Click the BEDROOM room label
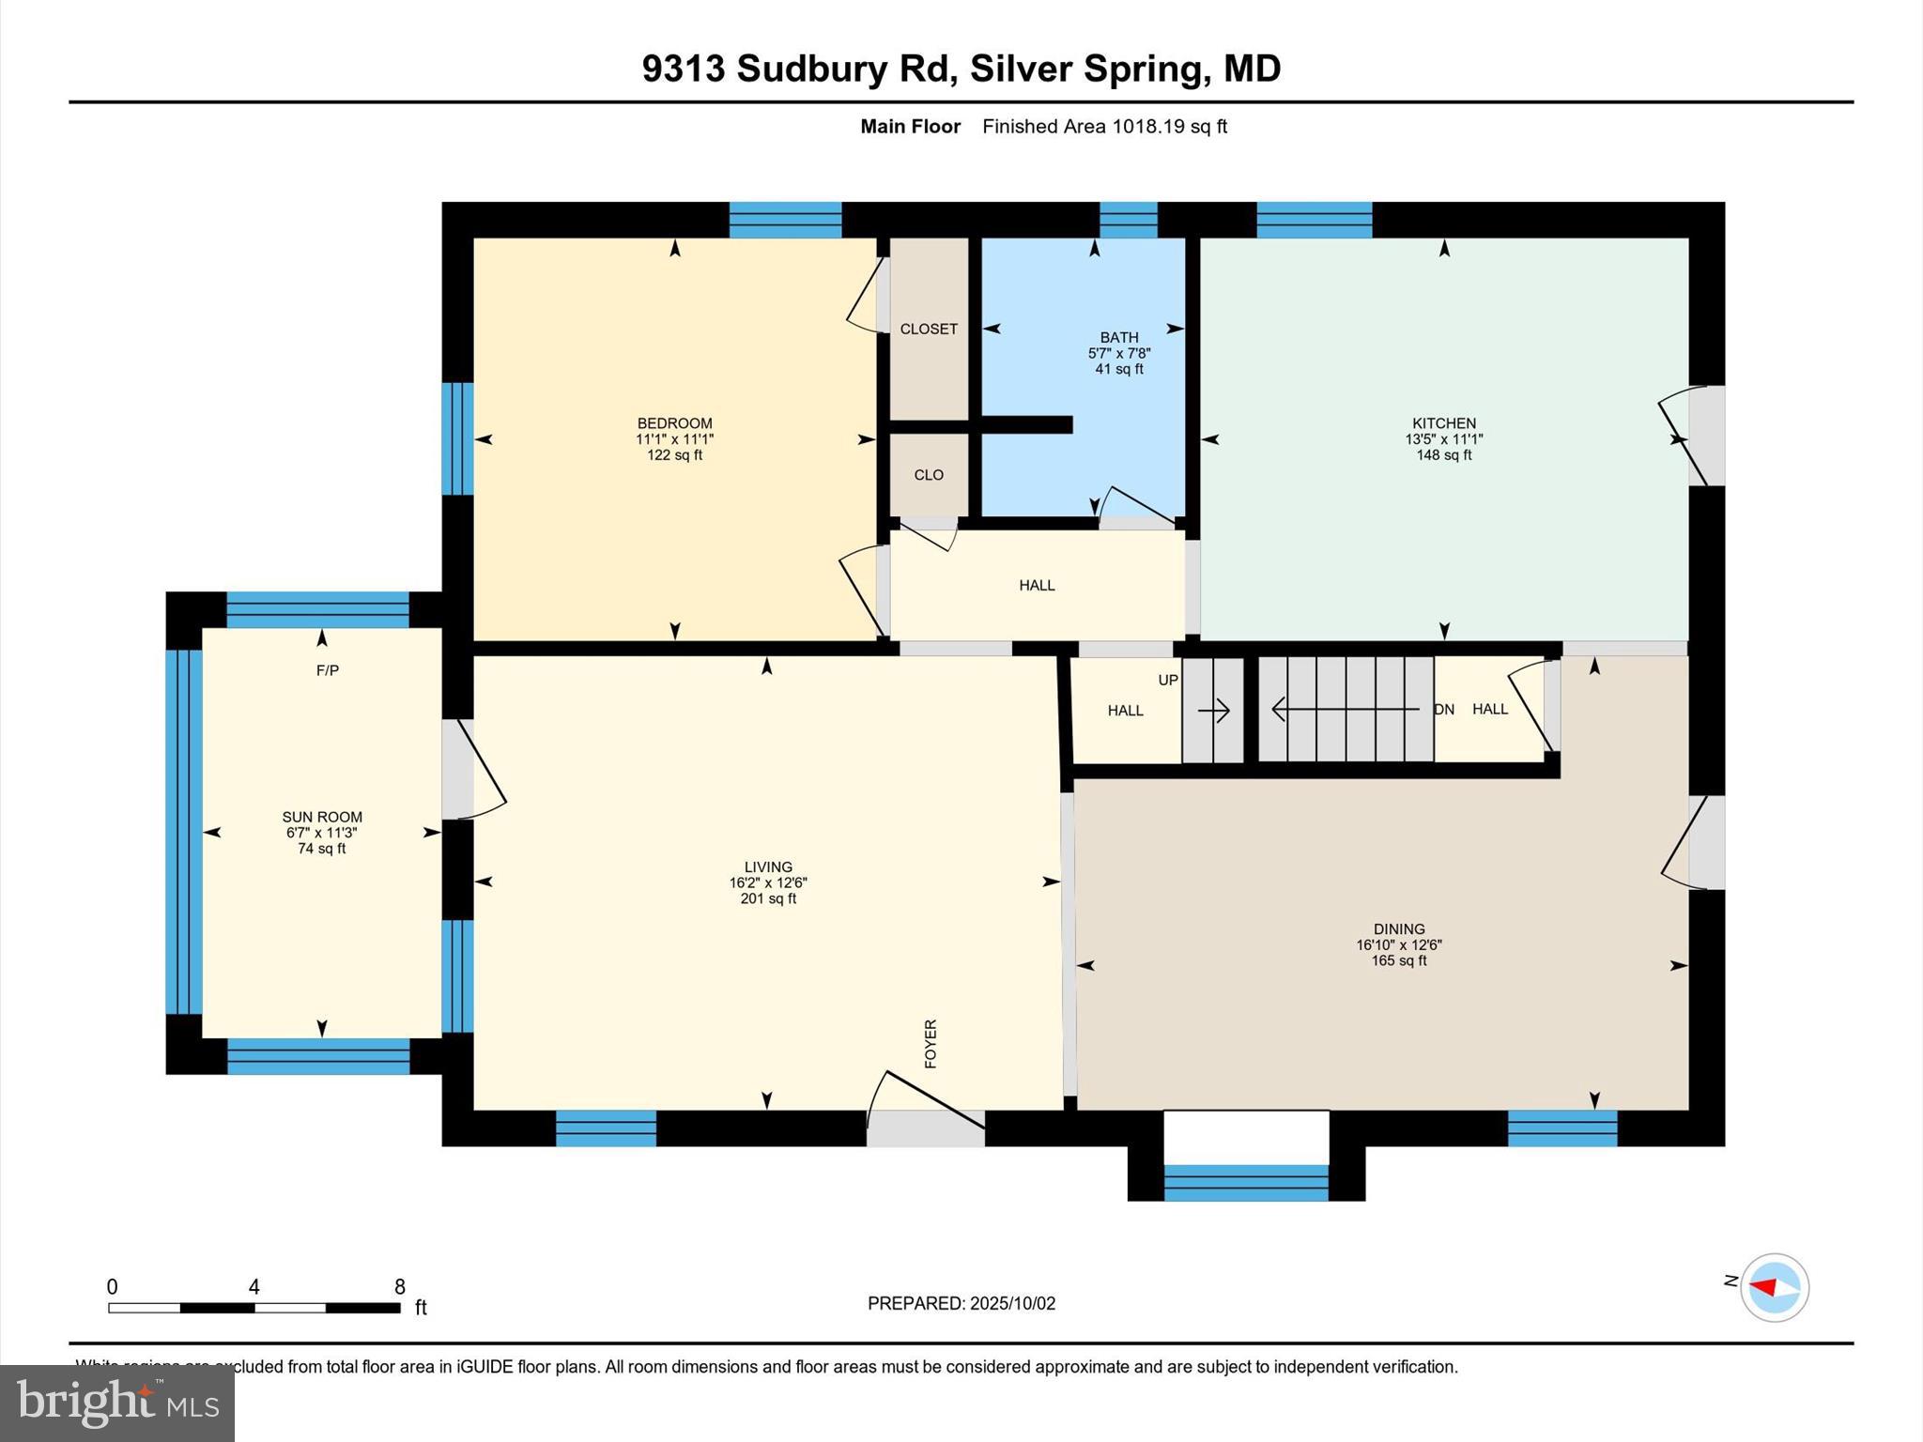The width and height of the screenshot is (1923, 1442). (x=674, y=423)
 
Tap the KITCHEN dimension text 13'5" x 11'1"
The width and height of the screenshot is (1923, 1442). (x=1443, y=439)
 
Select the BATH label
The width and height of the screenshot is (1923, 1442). (x=1119, y=337)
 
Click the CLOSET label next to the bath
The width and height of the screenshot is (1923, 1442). (x=929, y=329)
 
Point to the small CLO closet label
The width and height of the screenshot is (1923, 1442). (x=929, y=475)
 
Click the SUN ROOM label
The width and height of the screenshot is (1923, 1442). (x=322, y=817)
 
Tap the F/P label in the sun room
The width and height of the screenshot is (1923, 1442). (x=327, y=670)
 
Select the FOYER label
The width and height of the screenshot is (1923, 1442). (x=931, y=1043)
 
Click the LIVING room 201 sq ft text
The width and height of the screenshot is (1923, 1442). (x=768, y=898)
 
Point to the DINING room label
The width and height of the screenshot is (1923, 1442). (x=1398, y=928)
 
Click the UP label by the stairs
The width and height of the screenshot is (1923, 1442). (x=1167, y=680)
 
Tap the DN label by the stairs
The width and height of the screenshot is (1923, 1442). (x=1444, y=710)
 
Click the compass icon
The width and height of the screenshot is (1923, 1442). (x=1774, y=1287)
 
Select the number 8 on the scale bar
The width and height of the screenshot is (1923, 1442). (x=400, y=1286)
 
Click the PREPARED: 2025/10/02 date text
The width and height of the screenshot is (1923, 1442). (x=961, y=1303)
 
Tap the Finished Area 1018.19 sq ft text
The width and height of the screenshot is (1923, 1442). (x=1104, y=127)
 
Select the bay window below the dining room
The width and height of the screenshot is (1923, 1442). (x=1246, y=1182)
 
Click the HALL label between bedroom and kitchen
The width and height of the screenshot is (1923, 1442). (x=1037, y=585)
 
